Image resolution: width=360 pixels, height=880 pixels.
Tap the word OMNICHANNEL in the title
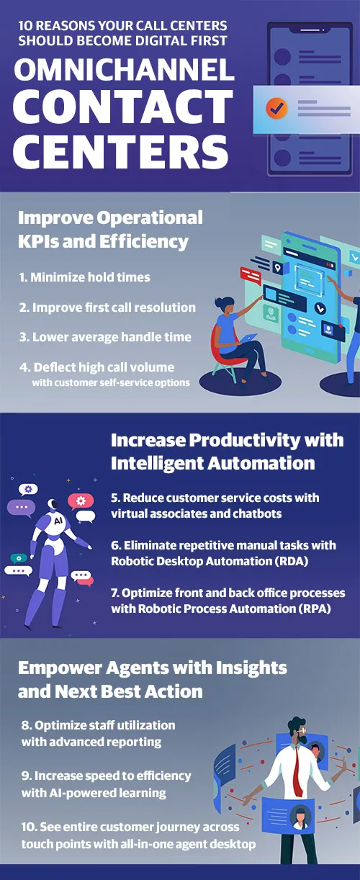click(x=124, y=70)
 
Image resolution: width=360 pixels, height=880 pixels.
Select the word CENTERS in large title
click(x=120, y=152)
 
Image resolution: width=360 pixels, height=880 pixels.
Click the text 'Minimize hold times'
click(x=90, y=277)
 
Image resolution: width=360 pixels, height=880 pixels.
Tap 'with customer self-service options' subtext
click(x=111, y=382)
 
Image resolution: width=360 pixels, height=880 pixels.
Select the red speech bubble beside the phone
click(x=251, y=275)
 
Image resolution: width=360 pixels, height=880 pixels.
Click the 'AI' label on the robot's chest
click(x=58, y=521)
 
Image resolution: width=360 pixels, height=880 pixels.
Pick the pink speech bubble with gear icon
click(x=81, y=501)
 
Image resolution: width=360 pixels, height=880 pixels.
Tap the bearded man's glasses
click(x=302, y=730)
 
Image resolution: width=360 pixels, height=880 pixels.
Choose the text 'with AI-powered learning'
click(x=94, y=793)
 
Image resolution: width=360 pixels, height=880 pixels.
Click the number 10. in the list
click(x=30, y=827)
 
